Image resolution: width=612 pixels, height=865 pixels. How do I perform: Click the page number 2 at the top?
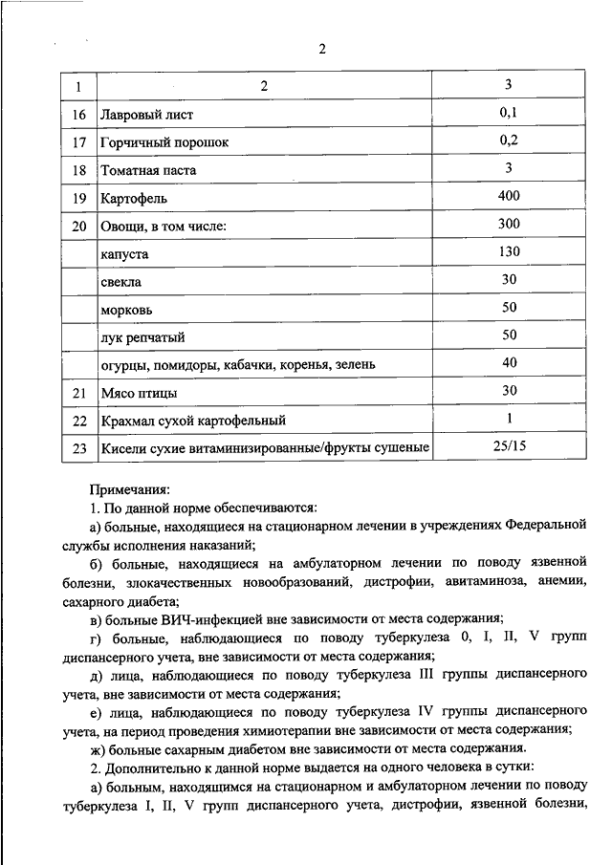click(322, 51)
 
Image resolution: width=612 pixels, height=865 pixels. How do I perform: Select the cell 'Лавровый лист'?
click(146, 115)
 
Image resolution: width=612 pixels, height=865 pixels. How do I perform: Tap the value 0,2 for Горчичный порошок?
click(509, 141)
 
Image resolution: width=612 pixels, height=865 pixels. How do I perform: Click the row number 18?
click(79, 170)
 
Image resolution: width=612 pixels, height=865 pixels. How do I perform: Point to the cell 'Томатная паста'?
click(148, 170)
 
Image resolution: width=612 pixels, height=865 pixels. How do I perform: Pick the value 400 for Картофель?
click(509, 197)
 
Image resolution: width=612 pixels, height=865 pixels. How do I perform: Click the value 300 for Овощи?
click(509, 225)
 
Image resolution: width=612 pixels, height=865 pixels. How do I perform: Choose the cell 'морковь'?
click(125, 311)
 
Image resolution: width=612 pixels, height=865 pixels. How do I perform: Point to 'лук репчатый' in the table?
click(142, 337)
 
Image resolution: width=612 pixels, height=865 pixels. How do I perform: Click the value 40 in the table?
click(509, 363)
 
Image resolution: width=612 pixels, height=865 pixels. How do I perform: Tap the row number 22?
click(79, 421)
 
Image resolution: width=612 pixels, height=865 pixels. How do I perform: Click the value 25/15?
click(509, 447)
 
